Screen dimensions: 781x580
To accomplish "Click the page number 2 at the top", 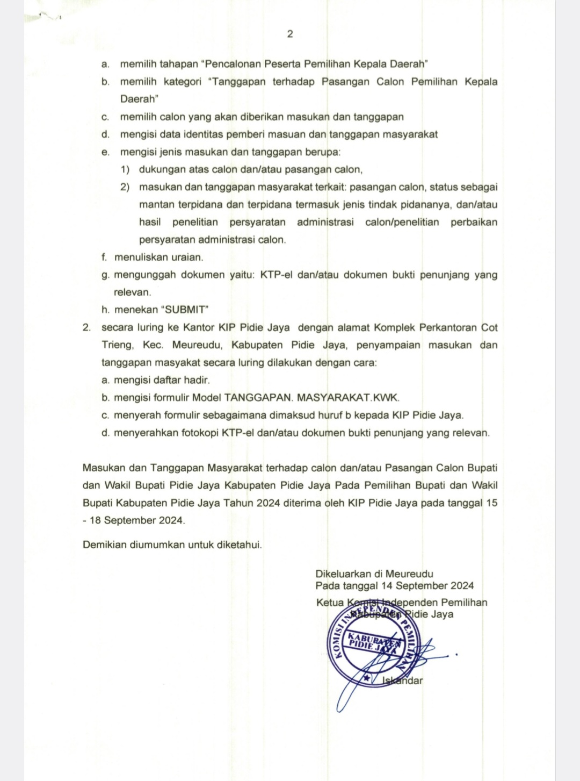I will (x=290, y=34).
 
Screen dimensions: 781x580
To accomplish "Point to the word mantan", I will (x=154, y=205).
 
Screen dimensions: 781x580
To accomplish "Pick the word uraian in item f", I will (x=188, y=257).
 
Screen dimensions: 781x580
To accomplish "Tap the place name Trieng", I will (x=117, y=345).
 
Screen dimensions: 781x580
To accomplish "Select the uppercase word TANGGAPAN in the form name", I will (x=258, y=398).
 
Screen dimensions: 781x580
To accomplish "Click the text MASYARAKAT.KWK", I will (x=349, y=398).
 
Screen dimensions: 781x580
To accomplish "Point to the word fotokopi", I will (x=197, y=433).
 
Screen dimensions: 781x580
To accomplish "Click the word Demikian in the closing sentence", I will (x=104, y=544).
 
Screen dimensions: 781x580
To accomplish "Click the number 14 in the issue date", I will (x=387, y=586).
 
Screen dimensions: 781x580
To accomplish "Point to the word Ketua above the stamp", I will (x=329, y=603).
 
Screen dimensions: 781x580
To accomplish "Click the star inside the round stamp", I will (x=367, y=679).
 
